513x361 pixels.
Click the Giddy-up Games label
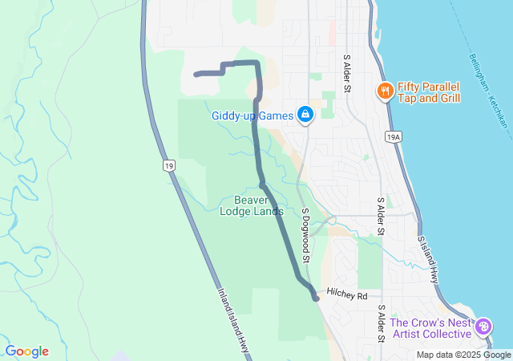[x=252, y=116]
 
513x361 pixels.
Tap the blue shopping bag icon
[x=305, y=116]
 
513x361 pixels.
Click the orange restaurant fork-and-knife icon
[x=386, y=91]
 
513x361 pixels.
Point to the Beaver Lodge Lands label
[x=252, y=205]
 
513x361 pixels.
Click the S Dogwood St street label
[x=305, y=236]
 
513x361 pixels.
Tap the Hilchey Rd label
[x=347, y=296]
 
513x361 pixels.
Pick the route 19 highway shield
[x=168, y=166]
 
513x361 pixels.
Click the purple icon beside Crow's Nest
[x=483, y=327]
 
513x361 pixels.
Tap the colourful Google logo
[x=26, y=351]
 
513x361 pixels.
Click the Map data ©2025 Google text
[x=463, y=355]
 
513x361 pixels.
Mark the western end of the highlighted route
[x=196, y=75]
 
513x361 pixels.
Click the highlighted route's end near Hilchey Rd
[x=317, y=298]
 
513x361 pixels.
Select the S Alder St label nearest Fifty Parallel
[x=348, y=73]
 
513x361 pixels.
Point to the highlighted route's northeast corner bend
[x=256, y=63]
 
